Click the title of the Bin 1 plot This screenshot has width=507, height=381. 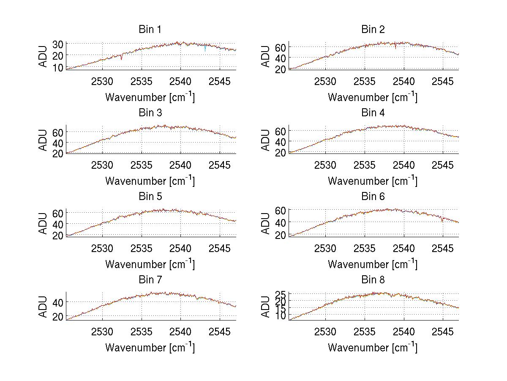click(150, 29)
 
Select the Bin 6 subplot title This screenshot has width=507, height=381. click(373, 196)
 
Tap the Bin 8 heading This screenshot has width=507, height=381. click(373, 280)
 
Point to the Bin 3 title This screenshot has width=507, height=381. click(150, 113)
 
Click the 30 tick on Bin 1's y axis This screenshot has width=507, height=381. click(58, 44)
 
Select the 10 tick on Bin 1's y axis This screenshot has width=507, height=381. click(58, 67)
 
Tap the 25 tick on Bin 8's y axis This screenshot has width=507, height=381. click(281, 294)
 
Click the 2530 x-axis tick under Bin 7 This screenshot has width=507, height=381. click(102, 332)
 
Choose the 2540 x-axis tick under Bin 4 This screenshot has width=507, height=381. click(403, 165)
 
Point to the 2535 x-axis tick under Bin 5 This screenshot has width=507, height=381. click(142, 248)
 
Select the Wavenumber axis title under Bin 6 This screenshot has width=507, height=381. click(373, 264)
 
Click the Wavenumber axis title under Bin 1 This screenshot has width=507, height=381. click(150, 97)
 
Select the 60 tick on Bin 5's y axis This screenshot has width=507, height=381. click(58, 212)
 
